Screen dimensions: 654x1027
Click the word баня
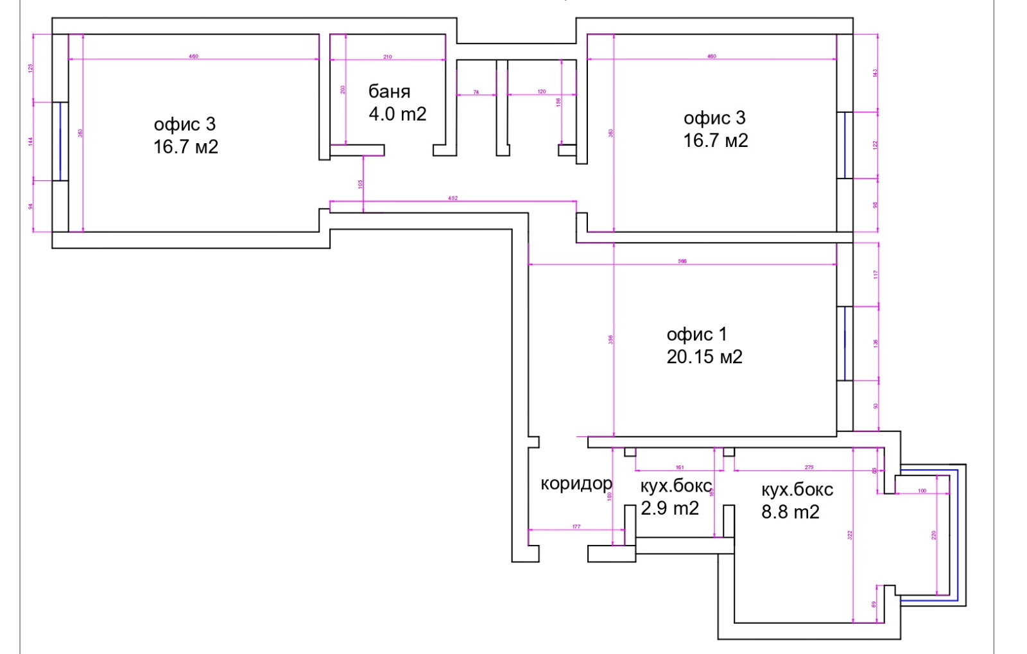389,92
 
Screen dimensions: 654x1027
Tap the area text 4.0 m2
397,114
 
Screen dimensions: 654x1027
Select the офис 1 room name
696,334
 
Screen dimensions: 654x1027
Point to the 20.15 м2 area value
704,357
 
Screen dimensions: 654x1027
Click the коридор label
576,483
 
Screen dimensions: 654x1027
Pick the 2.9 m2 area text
669,508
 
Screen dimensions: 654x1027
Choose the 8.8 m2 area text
790,512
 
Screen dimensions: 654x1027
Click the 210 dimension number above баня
388,56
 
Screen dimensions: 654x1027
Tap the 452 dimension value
453,198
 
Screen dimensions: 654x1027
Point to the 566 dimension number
682,261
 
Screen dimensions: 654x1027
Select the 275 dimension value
809,467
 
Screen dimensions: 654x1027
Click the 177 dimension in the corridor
576,527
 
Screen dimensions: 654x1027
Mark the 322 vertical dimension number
849,535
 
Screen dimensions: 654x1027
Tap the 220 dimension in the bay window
934,535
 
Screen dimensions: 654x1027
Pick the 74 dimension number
476,92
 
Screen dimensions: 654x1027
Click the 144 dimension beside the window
31,141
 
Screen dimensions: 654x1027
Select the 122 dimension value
875,145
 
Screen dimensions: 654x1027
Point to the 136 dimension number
875,343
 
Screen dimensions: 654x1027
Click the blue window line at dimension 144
60,141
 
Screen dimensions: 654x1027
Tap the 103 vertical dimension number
361,184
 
